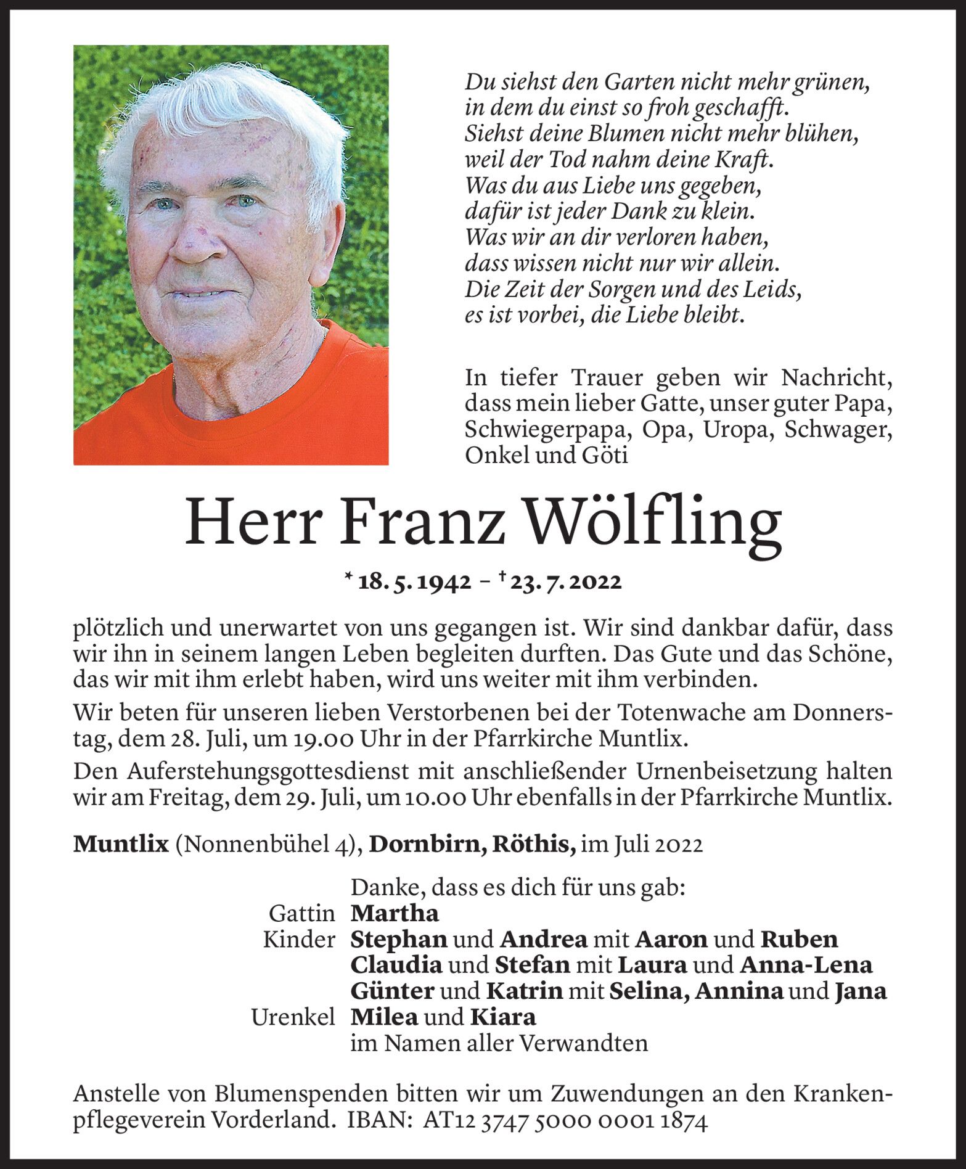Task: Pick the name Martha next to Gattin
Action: tap(395, 913)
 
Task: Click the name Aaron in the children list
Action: tap(671, 939)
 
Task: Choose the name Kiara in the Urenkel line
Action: tap(503, 1017)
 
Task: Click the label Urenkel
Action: tap(293, 1017)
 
